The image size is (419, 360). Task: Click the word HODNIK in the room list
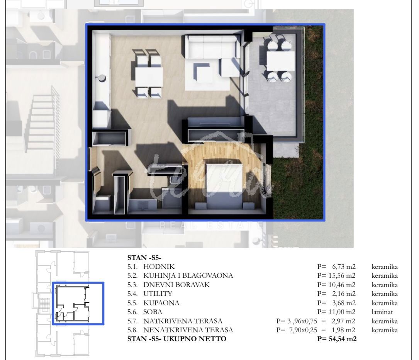159,267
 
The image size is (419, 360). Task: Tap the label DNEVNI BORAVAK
176,285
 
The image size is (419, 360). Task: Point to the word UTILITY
158,294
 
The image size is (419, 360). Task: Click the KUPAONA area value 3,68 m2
344,303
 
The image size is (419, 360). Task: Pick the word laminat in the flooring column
382,312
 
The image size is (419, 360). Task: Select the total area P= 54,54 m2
337,339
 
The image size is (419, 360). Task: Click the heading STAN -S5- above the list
144,258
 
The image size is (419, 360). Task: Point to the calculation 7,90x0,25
303,330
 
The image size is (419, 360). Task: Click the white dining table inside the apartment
149,77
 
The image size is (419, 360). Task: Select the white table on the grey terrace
280,61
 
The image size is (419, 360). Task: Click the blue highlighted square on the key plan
78,303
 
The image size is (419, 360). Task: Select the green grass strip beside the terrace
313,123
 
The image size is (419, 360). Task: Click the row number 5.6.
132,312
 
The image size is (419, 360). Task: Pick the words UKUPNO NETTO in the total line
195,339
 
